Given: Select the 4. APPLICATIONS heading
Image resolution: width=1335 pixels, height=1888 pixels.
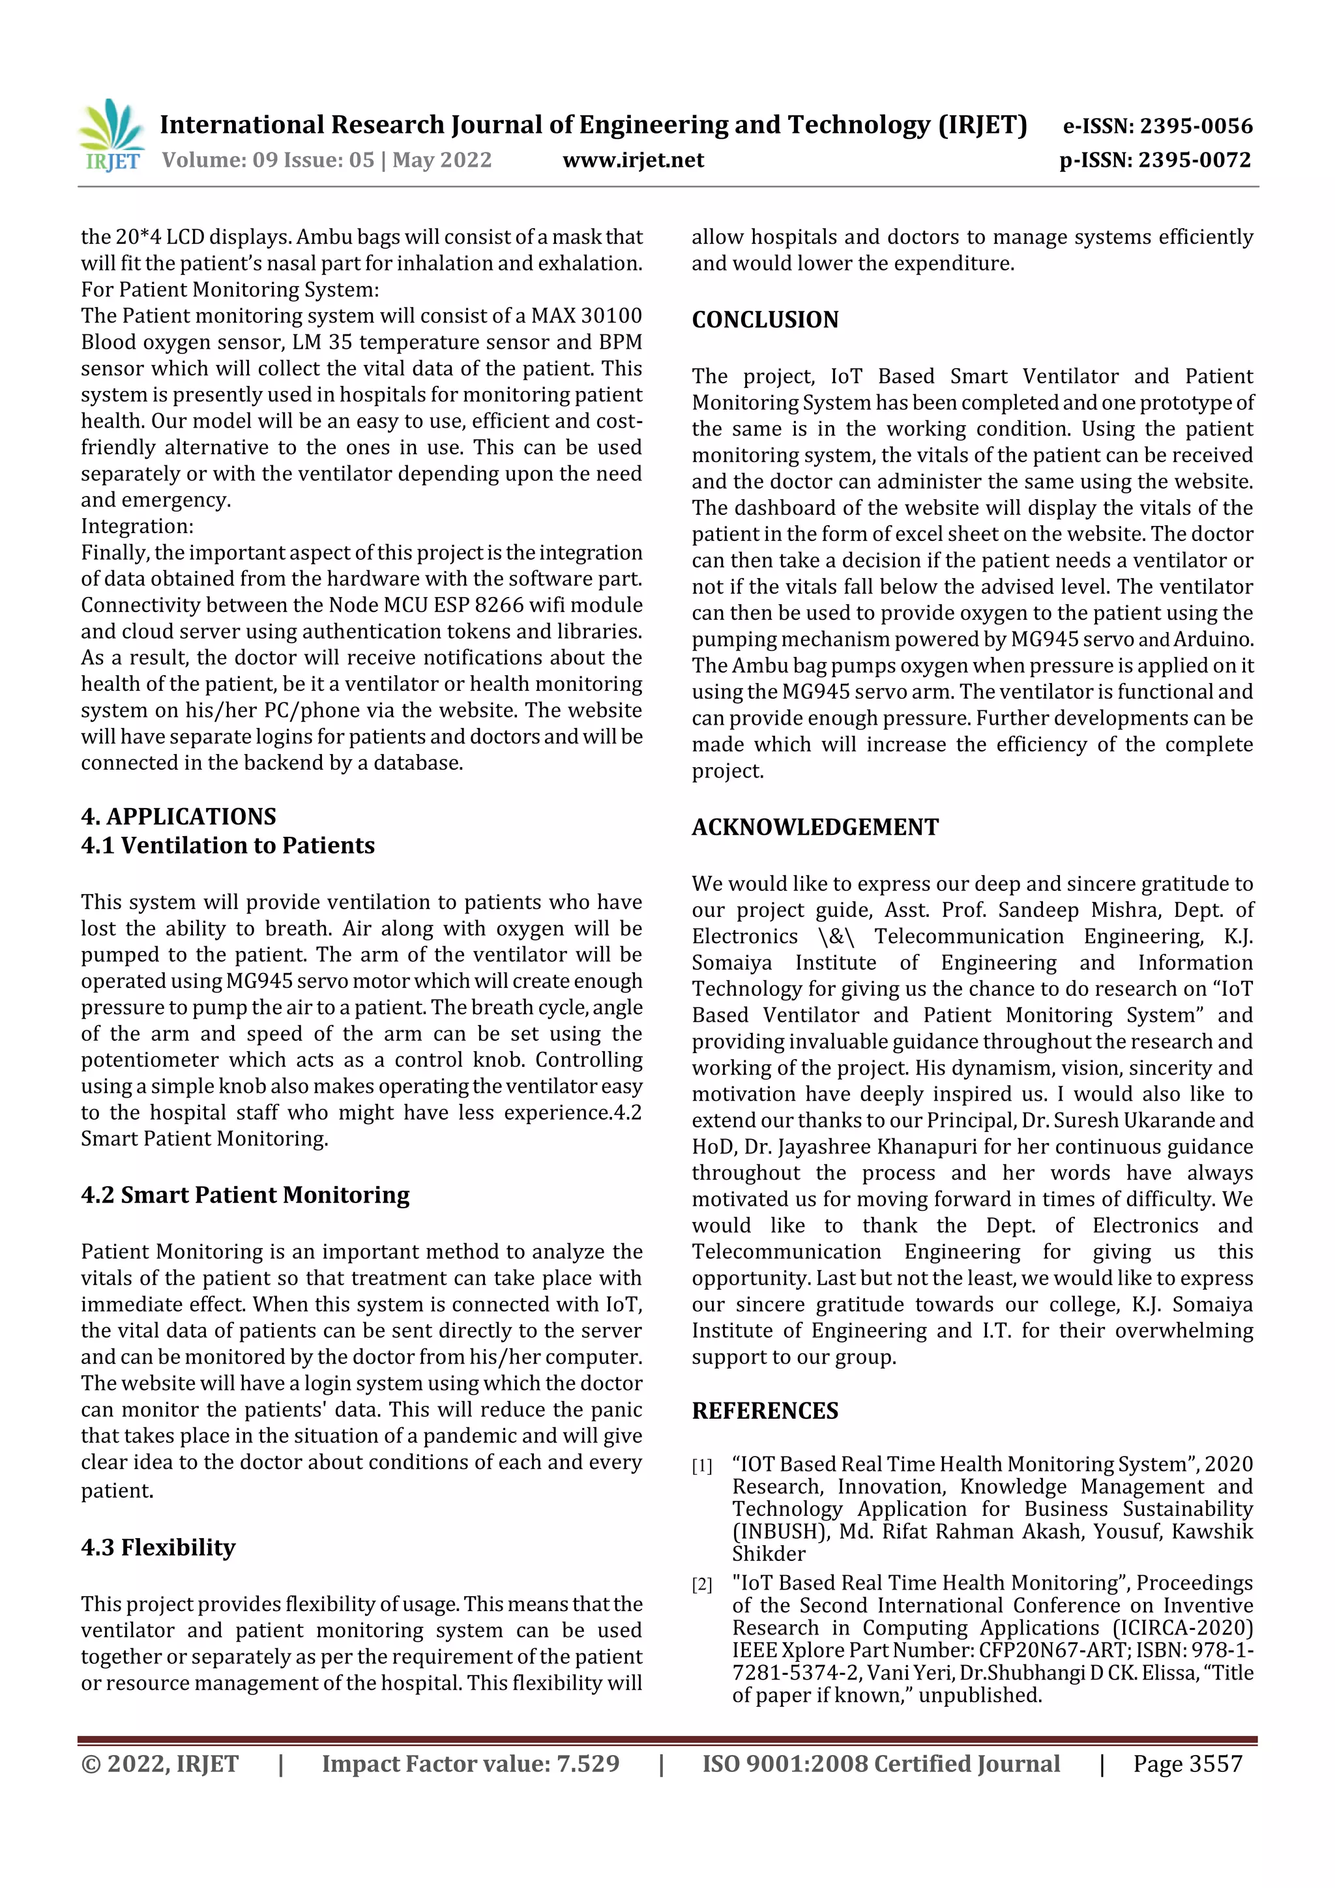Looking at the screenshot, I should (x=179, y=816).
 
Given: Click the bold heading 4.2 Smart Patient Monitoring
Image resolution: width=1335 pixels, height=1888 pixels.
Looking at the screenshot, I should (x=245, y=1194).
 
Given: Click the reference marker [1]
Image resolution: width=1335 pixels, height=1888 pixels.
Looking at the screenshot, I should (x=701, y=1465).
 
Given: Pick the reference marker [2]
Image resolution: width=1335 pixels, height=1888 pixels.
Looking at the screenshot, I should (x=701, y=1584).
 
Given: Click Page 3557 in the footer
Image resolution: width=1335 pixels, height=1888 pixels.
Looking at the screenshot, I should (x=1187, y=1763).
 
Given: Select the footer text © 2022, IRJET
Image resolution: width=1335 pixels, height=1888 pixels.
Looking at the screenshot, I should (x=160, y=1763).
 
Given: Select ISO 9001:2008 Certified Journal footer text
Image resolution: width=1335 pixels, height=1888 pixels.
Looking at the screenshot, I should (x=880, y=1763).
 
